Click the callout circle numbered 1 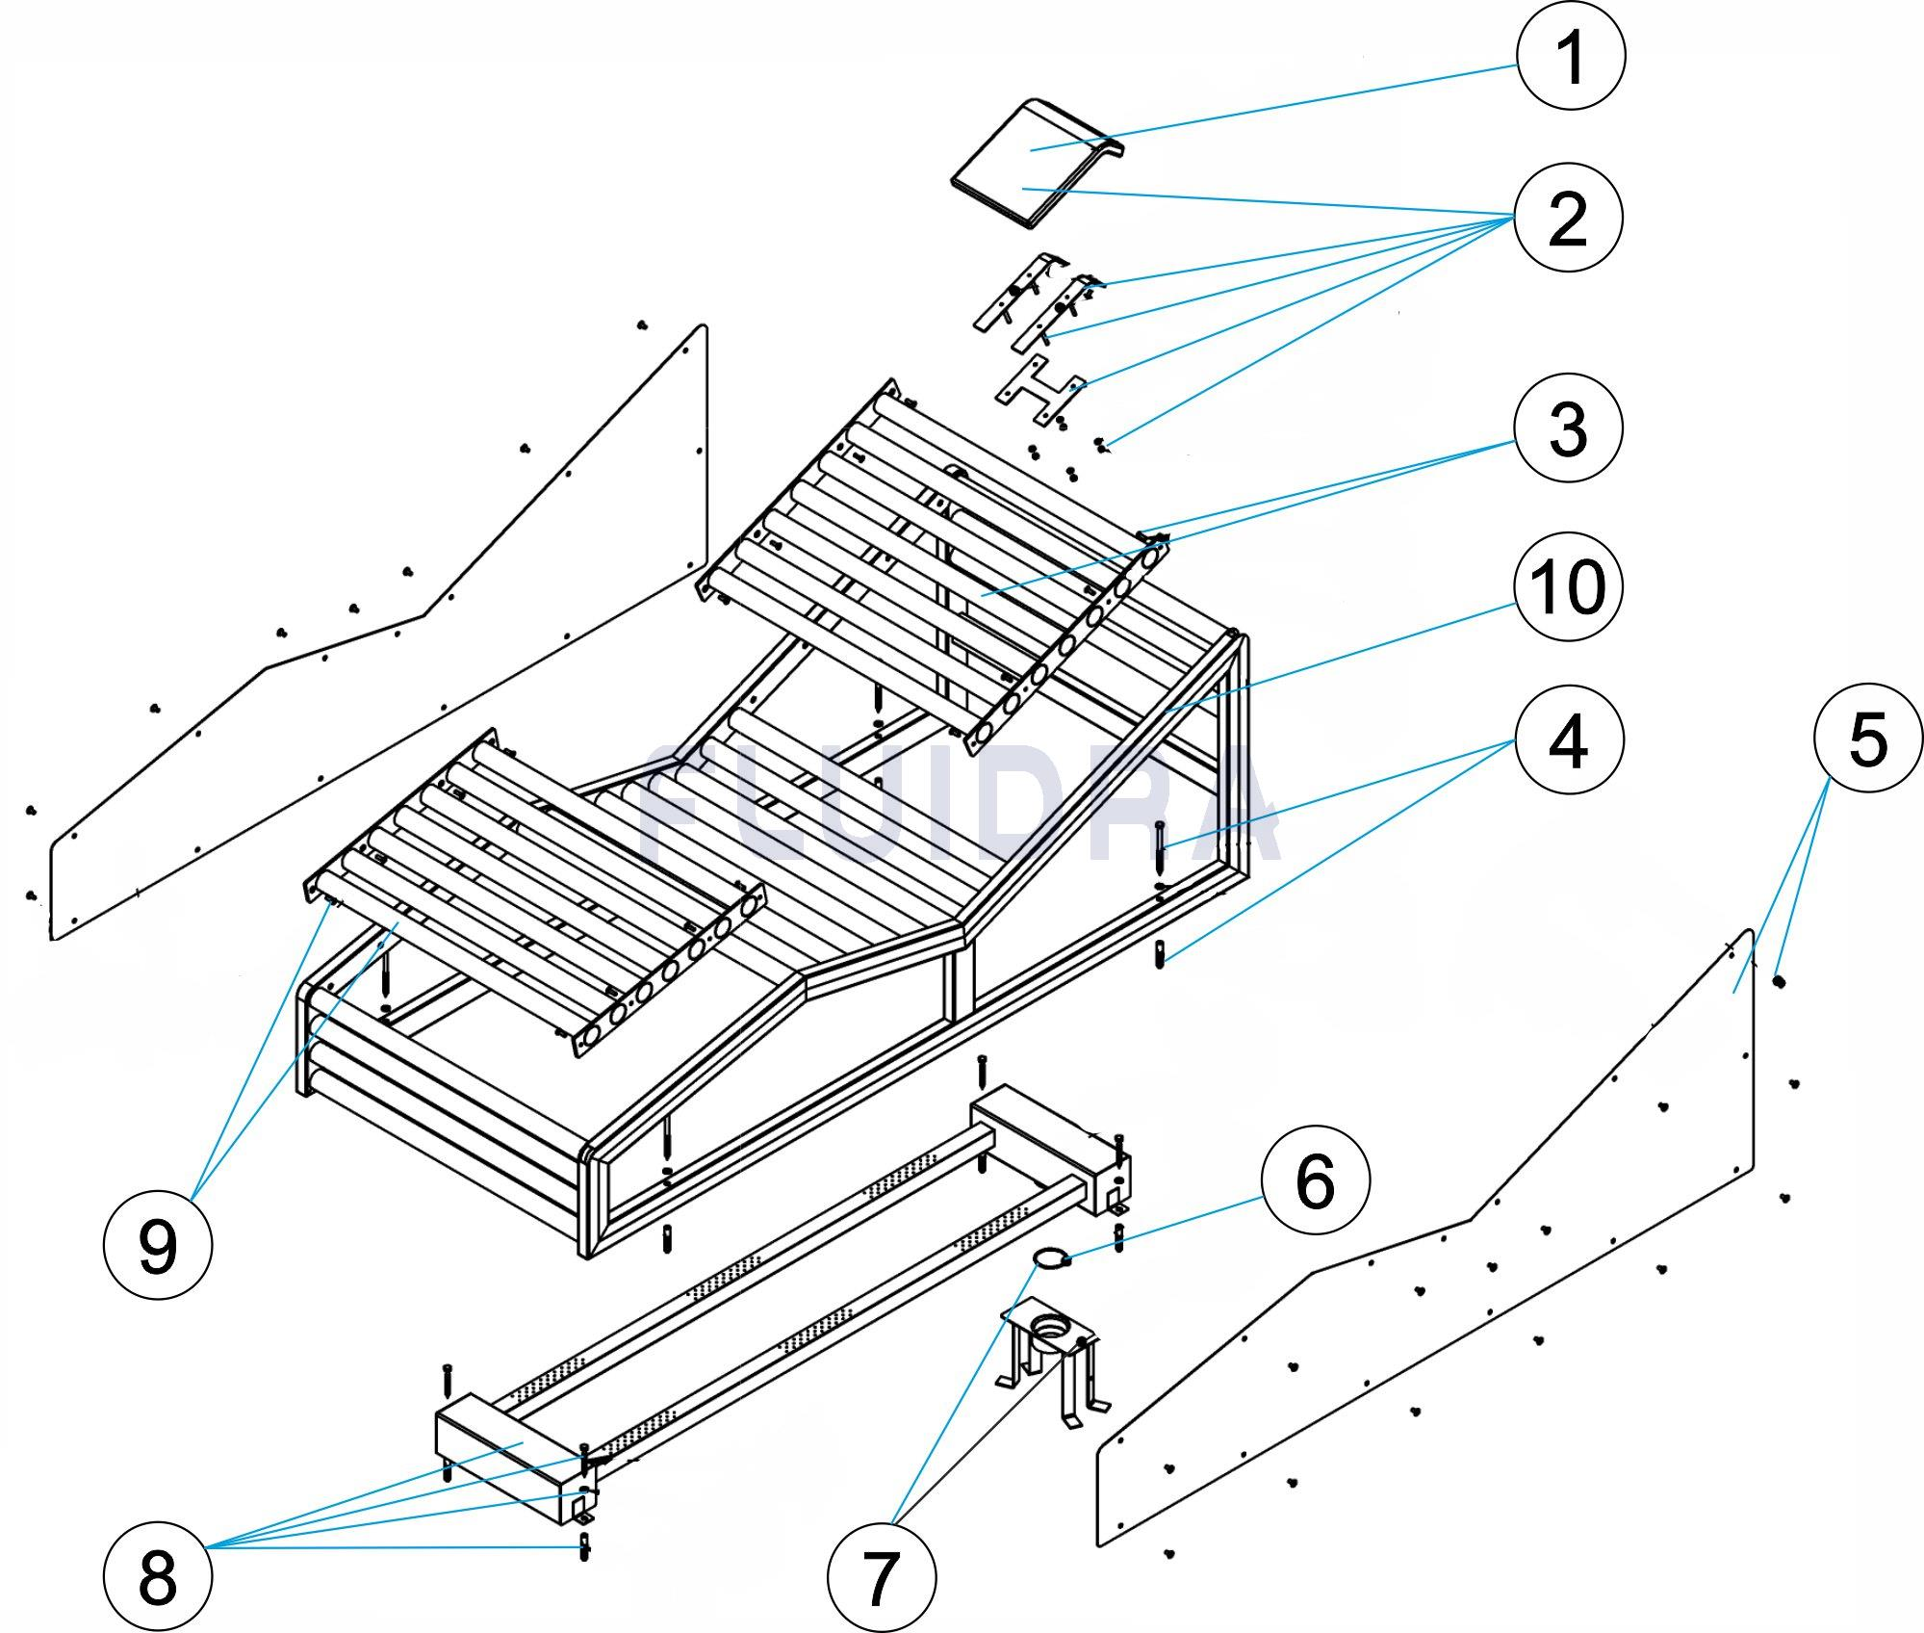[1570, 56]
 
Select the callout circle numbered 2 [1568, 218]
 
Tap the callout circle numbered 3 [1568, 428]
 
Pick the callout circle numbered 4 [1568, 741]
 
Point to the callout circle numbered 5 [1867, 739]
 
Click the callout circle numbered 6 [1315, 1181]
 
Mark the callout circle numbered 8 [158, 1577]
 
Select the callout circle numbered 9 [158, 1247]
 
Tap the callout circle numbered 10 [1568, 584]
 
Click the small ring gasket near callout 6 [1052, 1257]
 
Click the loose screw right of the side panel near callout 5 [1779, 981]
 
